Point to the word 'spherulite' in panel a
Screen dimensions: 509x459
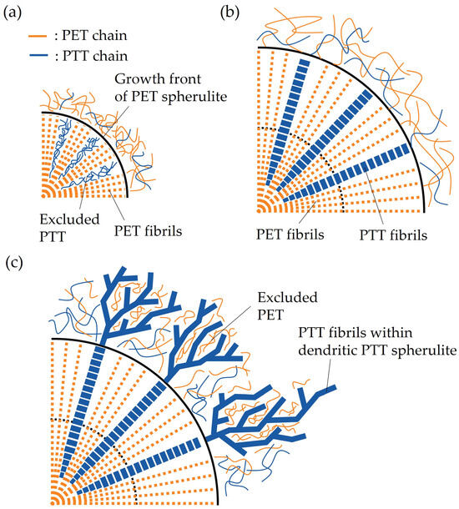[x=204, y=98]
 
